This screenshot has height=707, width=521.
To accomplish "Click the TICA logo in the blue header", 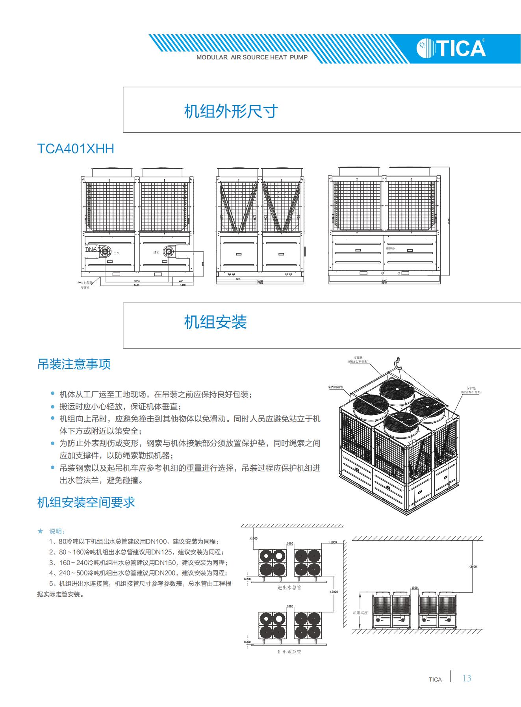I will pos(451,48).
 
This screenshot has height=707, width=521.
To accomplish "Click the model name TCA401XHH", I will pos(76,149).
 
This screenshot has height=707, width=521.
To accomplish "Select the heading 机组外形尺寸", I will pos(231,111).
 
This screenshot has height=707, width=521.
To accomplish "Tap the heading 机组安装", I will pos(215,322).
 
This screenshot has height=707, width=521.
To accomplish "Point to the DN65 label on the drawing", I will pos(93,250).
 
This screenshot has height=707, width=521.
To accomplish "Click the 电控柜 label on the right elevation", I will pos(390,249).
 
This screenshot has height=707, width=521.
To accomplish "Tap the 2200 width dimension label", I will pos(384,283).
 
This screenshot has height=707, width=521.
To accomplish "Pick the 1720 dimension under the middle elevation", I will pos(260,283).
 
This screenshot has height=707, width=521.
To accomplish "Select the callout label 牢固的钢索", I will pos(336,387).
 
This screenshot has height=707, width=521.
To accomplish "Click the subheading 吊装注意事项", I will pos(74,364).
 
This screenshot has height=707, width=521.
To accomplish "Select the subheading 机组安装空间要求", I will pos(86,502).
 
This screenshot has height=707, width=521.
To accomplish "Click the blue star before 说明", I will pos(40,531).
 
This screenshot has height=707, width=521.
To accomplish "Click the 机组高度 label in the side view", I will pos(360,613).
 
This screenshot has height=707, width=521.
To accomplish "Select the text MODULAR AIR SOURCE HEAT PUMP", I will pos(252,58).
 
